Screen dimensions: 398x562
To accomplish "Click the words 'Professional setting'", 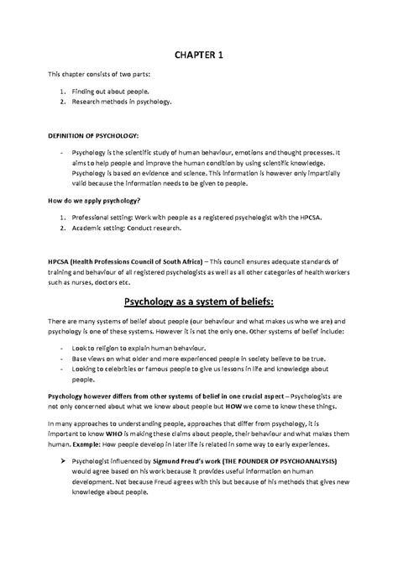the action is pos(106,214).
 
